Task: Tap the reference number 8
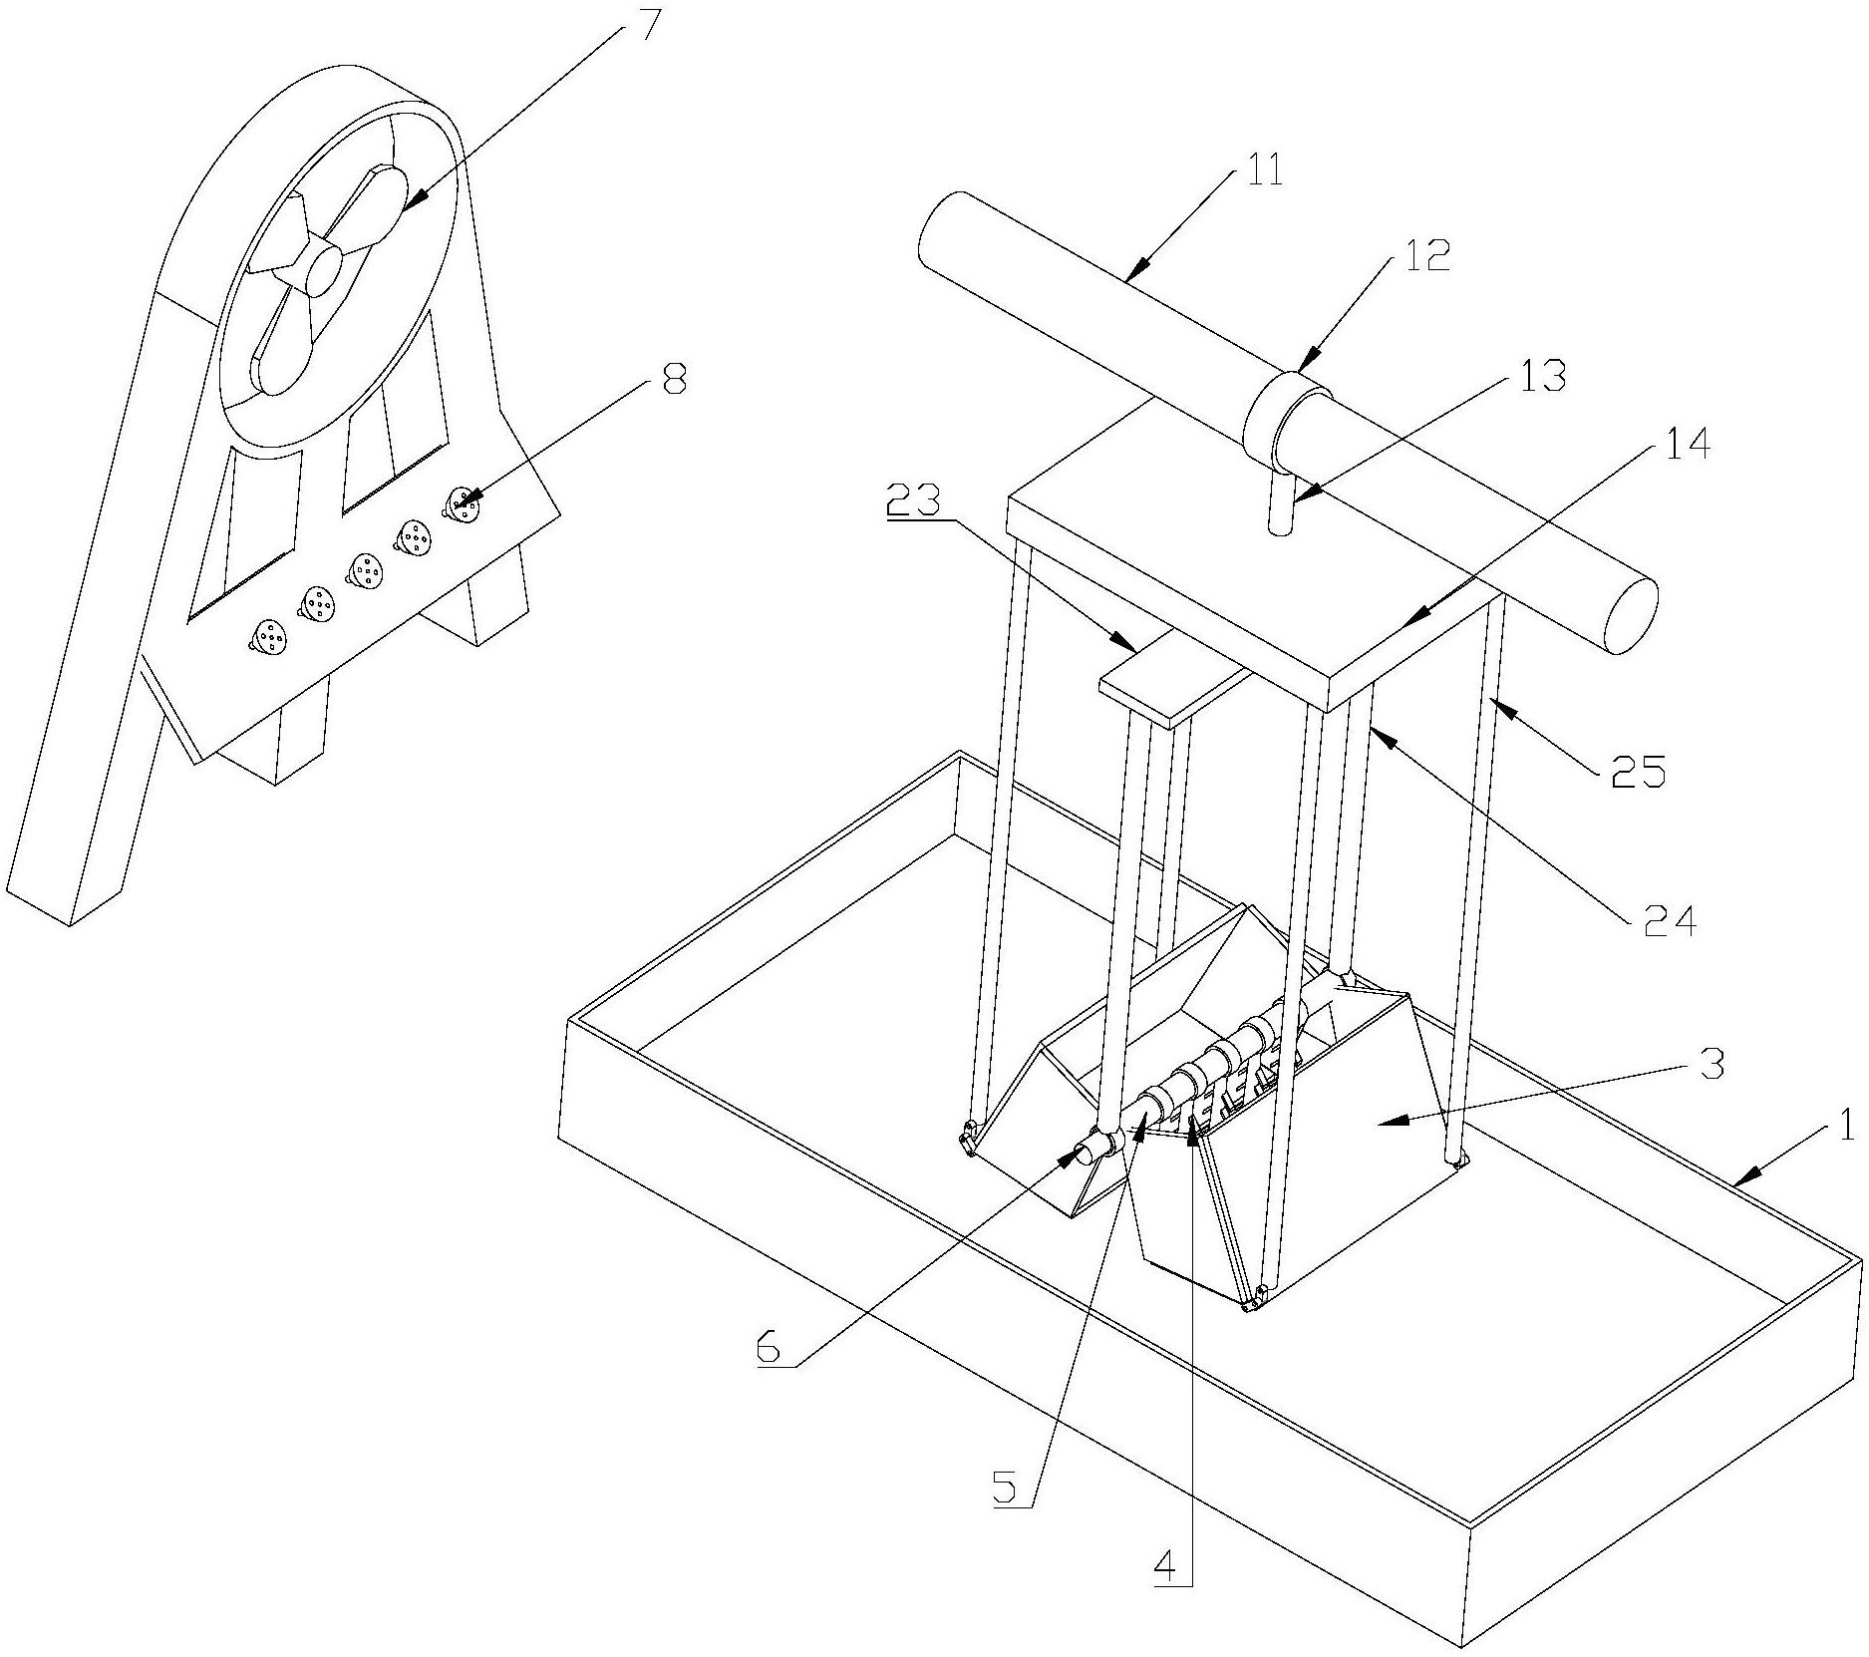pyautogui.click(x=674, y=379)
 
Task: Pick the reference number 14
pyautogui.click(x=1686, y=443)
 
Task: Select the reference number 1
pyautogui.click(x=1846, y=1127)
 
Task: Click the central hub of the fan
pyautogui.click(x=324, y=269)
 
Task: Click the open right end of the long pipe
pyautogui.click(x=1628, y=614)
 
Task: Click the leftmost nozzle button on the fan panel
pyautogui.click(x=269, y=636)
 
